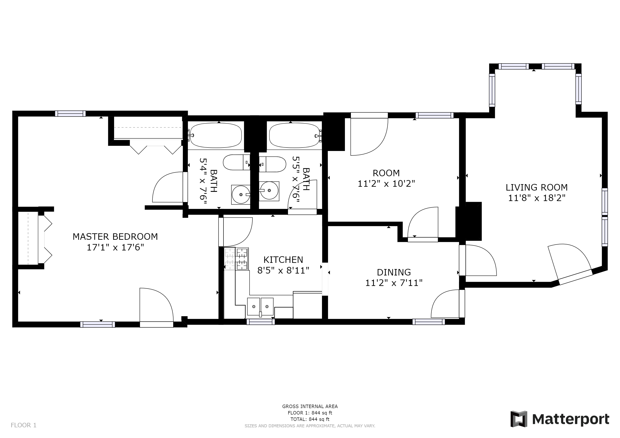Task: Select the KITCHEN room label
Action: click(283, 259)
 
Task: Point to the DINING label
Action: click(394, 272)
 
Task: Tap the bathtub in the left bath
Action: click(216, 135)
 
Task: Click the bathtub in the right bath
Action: click(295, 135)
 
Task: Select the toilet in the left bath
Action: click(237, 162)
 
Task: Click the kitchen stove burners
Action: click(242, 259)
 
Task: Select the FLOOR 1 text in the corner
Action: click(24, 425)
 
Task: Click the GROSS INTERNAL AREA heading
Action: click(310, 406)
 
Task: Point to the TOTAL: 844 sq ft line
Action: click(310, 419)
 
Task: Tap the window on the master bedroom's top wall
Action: click(70, 114)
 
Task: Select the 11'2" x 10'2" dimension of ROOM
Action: click(386, 184)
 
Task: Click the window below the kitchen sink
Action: click(261, 322)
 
